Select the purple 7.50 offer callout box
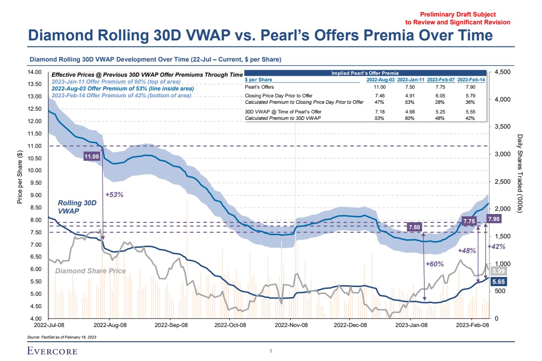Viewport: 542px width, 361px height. click(x=414, y=227)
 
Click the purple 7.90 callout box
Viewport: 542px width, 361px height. click(x=494, y=219)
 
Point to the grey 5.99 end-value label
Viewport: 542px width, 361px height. click(x=497, y=271)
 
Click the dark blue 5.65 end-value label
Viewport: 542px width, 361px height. click(x=497, y=282)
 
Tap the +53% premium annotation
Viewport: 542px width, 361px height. click(x=114, y=194)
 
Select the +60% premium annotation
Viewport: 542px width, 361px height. click(x=434, y=264)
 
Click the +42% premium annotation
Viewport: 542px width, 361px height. click(x=497, y=247)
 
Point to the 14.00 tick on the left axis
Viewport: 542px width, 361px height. click(x=35, y=72)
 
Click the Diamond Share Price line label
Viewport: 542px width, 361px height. click(x=90, y=271)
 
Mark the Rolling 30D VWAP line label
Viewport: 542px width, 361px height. click(x=77, y=207)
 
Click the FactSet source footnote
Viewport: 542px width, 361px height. click(x=62, y=337)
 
